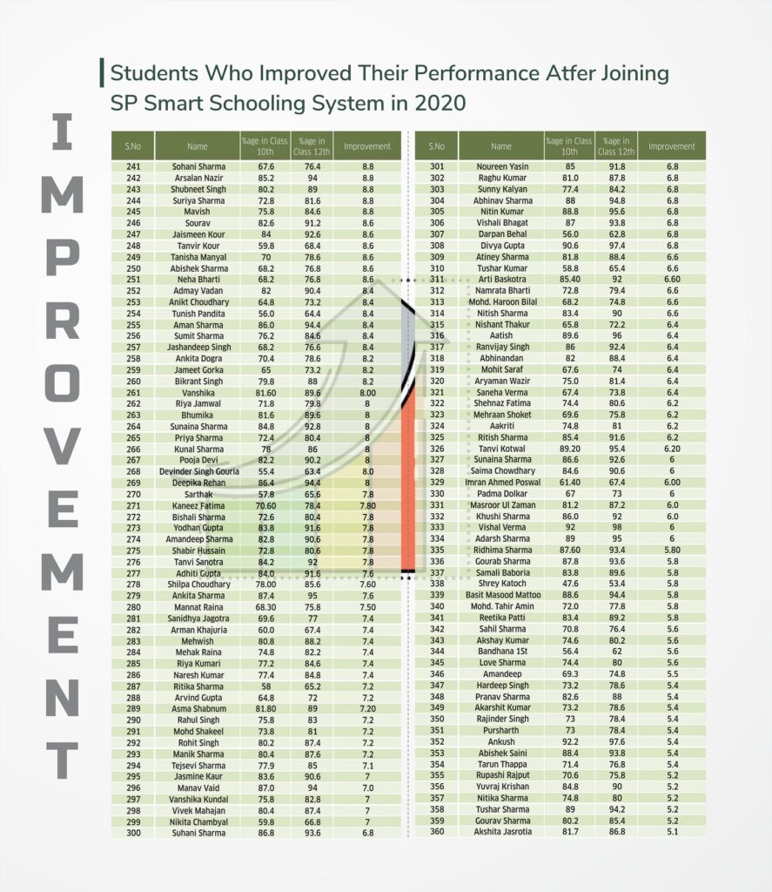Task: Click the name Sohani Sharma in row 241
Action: [198, 166]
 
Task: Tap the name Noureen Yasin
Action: [502, 166]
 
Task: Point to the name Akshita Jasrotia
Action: [502, 831]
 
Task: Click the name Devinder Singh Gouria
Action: [198, 470]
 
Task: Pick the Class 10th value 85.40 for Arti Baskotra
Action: [569, 279]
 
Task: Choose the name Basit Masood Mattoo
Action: [502, 594]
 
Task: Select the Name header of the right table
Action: [501, 146]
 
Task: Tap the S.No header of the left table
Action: [133, 146]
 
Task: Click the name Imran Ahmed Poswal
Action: [502, 482]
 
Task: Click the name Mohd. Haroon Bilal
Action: [502, 301]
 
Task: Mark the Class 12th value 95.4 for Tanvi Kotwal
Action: [616, 448]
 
